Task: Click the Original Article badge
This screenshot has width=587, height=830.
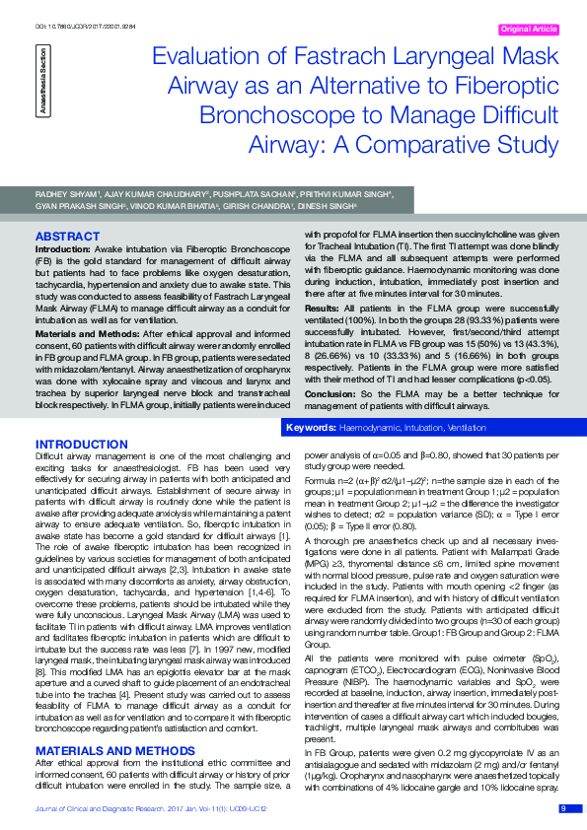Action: click(x=530, y=30)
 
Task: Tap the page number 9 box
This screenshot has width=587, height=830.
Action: click(x=563, y=808)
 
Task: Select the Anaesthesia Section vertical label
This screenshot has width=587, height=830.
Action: click(x=42, y=88)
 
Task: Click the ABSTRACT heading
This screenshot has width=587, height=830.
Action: click(x=67, y=237)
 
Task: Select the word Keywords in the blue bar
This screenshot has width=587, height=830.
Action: click(x=310, y=429)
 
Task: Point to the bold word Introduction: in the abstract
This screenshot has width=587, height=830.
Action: click(x=64, y=251)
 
